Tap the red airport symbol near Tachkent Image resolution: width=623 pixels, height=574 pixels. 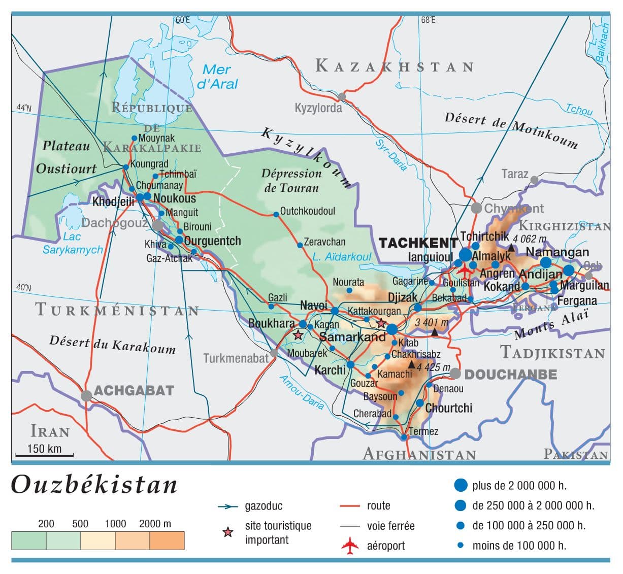coord(464,270)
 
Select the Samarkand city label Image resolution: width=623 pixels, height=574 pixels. coord(352,337)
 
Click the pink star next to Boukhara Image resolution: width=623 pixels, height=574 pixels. coord(298,335)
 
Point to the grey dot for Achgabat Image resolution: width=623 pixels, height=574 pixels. coord(87,395)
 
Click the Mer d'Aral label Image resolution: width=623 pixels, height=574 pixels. coord(217,77)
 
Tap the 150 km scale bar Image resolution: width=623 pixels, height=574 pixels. coord(44,455)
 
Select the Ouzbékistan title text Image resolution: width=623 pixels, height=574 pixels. coord(94,484)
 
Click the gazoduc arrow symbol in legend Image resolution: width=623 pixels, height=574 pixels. coord(228,507)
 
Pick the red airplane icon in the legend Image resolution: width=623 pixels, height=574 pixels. coord(350,546)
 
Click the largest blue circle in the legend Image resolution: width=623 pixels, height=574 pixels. coord(460,485)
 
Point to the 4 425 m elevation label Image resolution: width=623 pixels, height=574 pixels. coord(433,367)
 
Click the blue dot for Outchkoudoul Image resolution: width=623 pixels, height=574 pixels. coord(276,215)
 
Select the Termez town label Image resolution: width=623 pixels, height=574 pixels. coord(423,431)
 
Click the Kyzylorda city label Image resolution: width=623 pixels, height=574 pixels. coord(318,108)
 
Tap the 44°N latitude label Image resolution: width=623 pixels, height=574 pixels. coord(23,108)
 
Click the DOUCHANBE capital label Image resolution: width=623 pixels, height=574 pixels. coord(511,375)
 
